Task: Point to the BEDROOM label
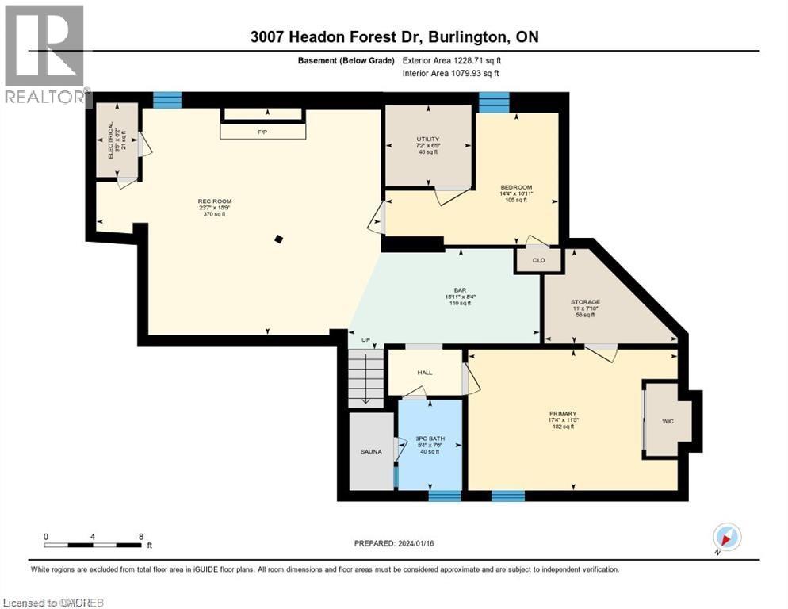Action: [516, 187]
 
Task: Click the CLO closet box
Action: [537, 260]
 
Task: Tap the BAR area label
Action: [459, 291]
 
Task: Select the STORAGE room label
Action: [586, 302]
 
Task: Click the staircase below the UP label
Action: [364, 377]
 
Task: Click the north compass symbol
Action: [726, 538]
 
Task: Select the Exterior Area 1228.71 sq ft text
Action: [451, 61]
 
